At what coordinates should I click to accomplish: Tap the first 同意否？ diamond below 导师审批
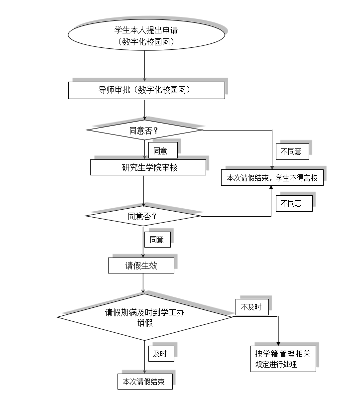144,130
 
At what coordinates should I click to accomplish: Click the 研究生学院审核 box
148,167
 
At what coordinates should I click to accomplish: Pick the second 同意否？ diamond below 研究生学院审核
143,216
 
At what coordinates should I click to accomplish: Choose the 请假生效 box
141,266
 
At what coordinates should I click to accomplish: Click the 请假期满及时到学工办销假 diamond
144,317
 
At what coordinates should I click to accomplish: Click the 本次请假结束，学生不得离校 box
272,178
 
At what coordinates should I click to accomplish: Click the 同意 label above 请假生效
157,240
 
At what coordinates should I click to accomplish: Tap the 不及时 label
252,307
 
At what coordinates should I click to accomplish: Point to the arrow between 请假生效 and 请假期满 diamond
143,283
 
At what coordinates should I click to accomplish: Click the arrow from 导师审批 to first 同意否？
144,110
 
